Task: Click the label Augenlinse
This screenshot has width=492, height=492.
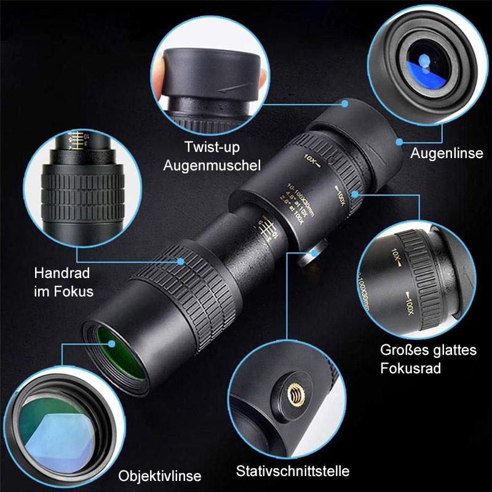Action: tap(447, 153)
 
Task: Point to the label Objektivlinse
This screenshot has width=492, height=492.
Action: tap(160, 475)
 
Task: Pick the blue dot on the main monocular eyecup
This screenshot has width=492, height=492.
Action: tap(346, 103)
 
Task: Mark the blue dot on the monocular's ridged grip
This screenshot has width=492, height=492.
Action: tap(181, 261)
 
